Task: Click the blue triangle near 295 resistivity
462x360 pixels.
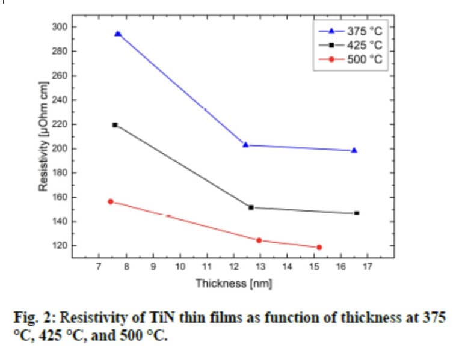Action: tap(118, 34)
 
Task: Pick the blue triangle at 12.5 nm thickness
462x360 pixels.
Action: tap(245, 145)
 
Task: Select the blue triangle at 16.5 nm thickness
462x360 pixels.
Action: tap(354, 150)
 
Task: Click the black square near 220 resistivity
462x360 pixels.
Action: tap(115, 125)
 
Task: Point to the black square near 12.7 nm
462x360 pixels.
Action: tap(251, 207)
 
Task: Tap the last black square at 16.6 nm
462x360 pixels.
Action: tap(357, 213)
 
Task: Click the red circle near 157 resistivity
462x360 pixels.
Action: tap(111, 201)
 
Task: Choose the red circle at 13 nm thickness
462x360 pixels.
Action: tap(259, 240)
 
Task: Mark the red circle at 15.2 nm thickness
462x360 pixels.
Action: tap(319, 247)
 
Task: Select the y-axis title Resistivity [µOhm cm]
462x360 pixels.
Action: tap(43, 136)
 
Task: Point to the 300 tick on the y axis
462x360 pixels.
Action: tap(59, 27)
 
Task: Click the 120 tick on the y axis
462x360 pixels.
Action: tap(59, 246)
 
